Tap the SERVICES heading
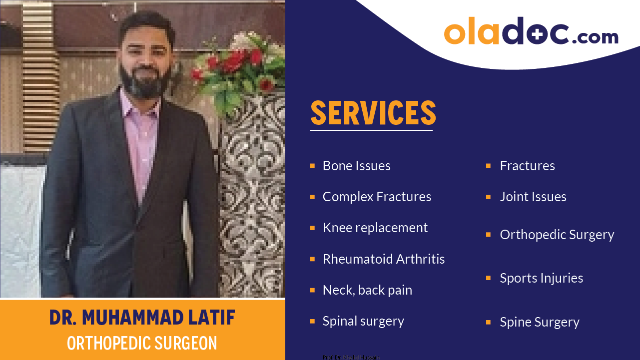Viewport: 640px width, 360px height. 373,112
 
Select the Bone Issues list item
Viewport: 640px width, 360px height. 356,166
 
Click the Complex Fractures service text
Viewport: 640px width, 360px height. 377,197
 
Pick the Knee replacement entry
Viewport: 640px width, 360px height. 375,228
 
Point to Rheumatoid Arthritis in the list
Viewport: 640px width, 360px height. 383,259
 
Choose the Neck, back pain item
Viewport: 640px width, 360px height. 367,290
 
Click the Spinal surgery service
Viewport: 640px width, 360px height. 363,321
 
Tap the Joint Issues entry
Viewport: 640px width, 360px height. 533,197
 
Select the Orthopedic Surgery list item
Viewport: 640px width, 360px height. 557,235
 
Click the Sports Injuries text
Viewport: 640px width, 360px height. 541,278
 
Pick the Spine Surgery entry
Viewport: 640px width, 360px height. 539,322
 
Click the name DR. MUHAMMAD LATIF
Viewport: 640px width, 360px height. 142,318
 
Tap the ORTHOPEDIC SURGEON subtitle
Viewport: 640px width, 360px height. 142,344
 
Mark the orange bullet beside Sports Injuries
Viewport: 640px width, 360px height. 488,278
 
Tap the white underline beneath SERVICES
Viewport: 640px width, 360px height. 371,130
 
